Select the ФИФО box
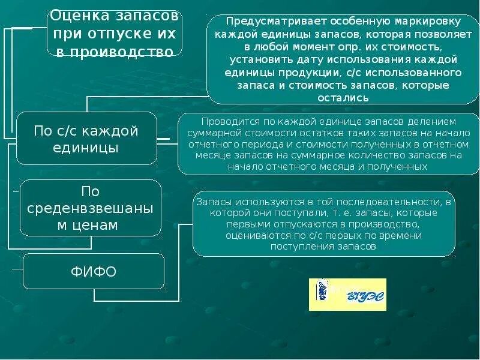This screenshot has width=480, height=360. click(94, 271)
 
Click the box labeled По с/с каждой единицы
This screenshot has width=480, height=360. click(86, 139)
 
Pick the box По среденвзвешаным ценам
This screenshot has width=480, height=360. click(91, 208)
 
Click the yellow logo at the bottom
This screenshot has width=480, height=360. click(347, 294)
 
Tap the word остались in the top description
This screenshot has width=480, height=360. click(343, 97)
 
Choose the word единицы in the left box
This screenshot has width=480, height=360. click(86, 147)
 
